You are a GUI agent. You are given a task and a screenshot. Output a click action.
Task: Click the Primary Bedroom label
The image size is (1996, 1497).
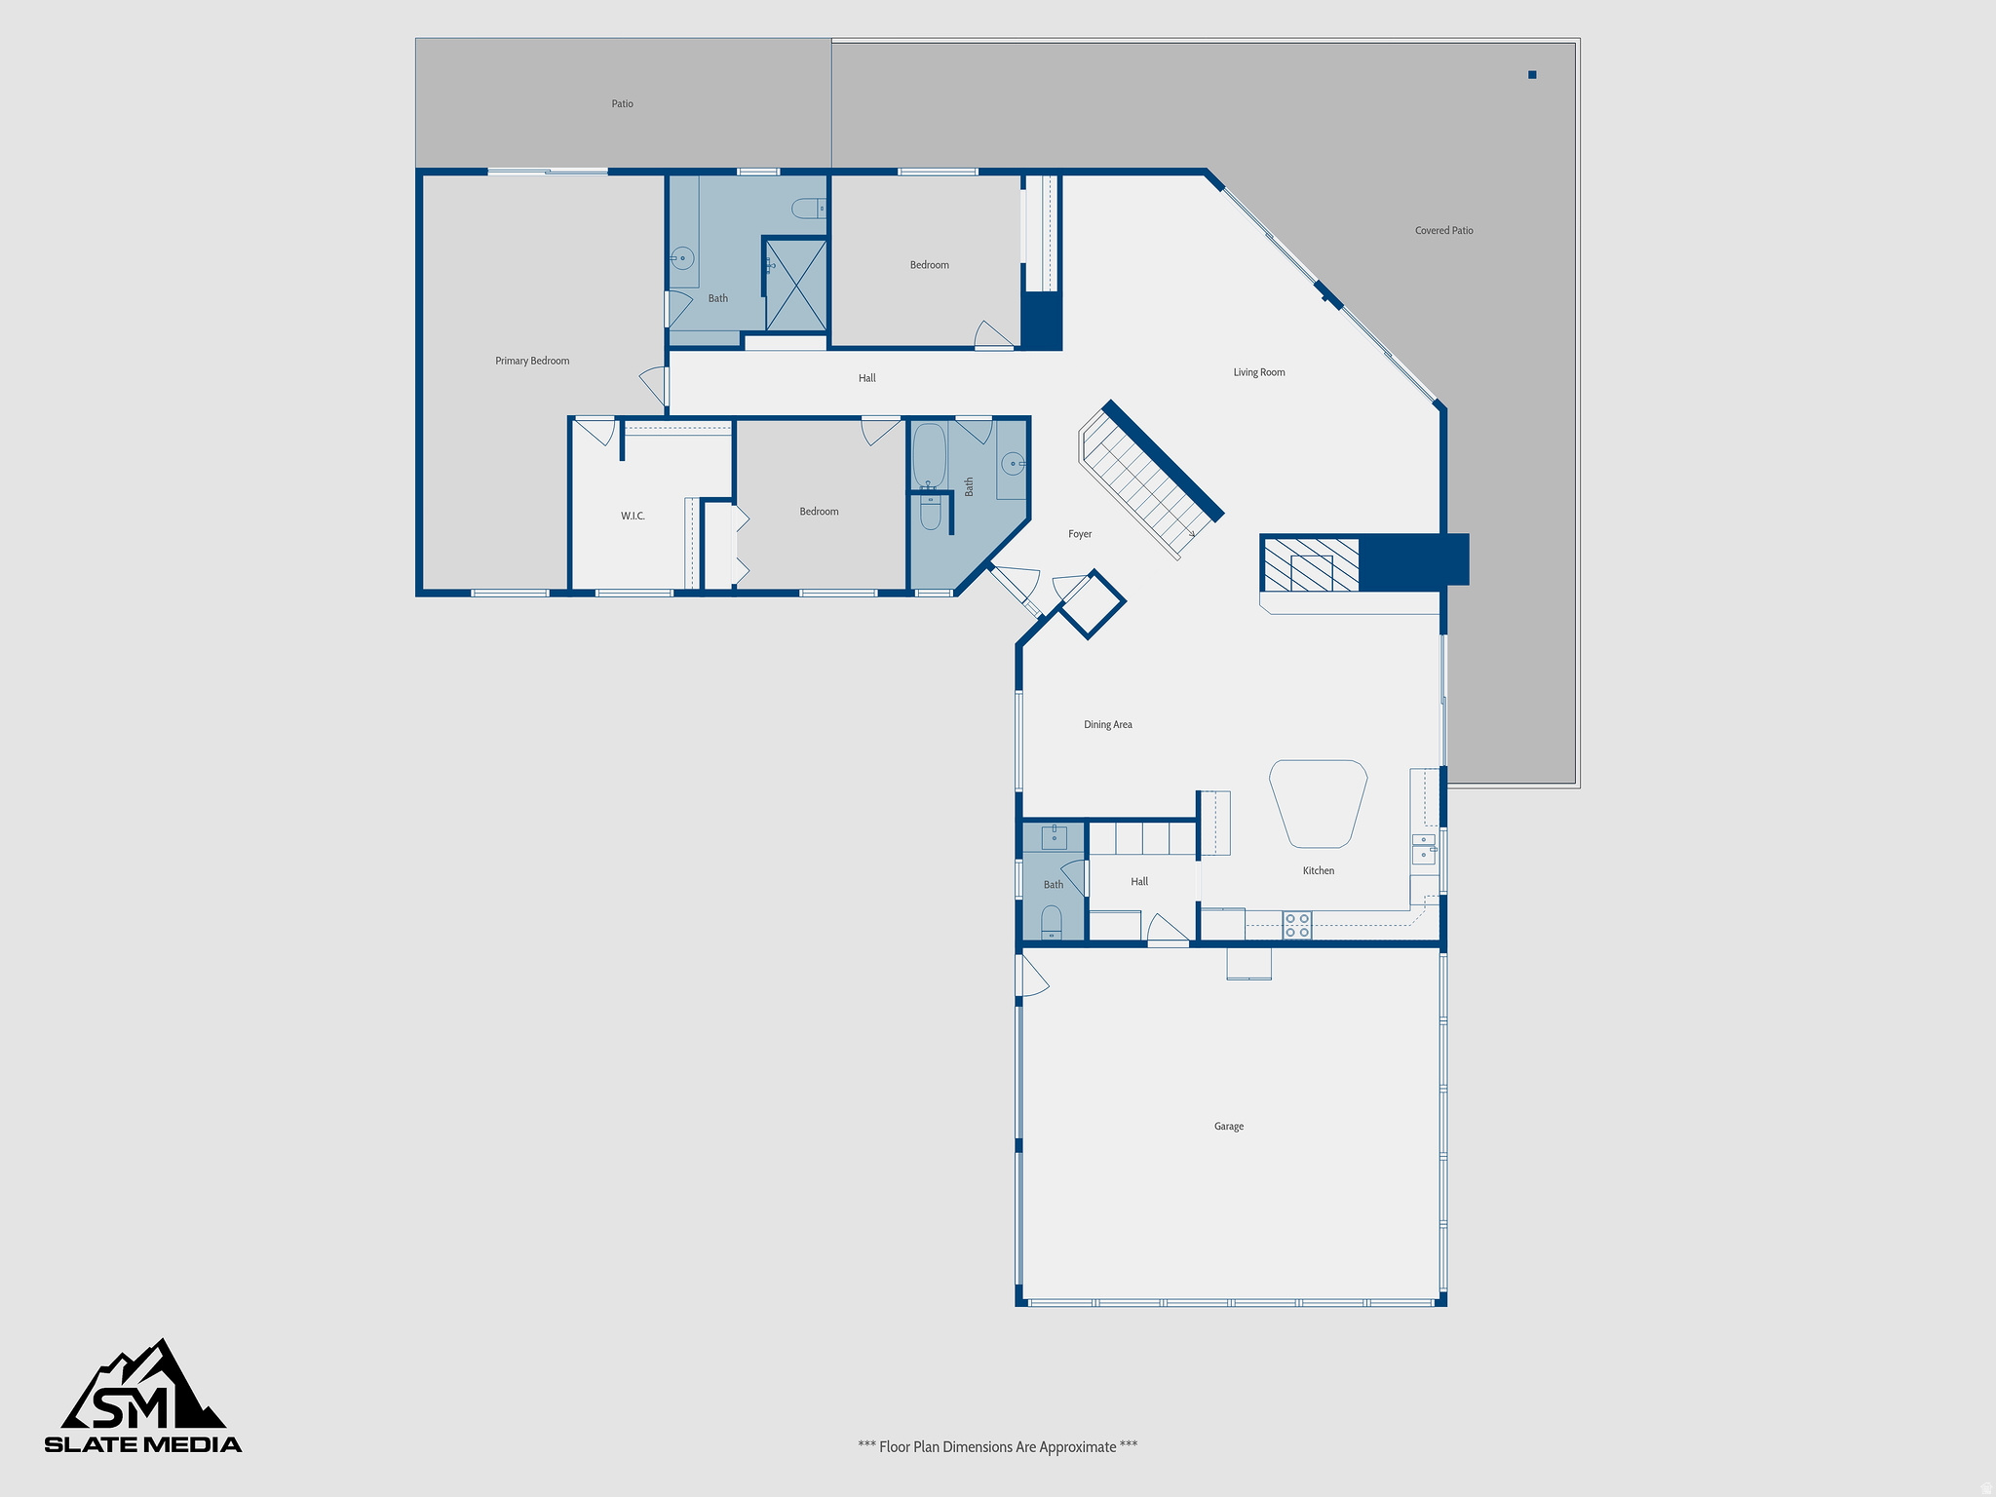click(x=532, y=361)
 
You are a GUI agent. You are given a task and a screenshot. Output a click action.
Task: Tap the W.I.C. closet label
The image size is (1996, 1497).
click(x=633, y=516)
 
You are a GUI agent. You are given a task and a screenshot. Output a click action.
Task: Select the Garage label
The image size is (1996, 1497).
click(x=1229, y=1127)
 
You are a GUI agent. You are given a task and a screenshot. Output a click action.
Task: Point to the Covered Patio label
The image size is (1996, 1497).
click(x=1443, y=231)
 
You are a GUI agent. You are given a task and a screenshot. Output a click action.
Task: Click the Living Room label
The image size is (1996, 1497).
click(x=1259, y=372)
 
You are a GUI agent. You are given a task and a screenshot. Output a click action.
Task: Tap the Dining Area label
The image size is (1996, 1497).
click(x=1108, y=725)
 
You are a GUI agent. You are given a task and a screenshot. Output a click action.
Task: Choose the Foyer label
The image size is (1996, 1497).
click(x=1080, y=534)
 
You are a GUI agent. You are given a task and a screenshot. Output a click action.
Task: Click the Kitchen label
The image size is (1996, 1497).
click(x=1319, y=871)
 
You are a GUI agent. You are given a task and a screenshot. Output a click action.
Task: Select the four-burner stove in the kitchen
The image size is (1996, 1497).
click(x=1296, y=925)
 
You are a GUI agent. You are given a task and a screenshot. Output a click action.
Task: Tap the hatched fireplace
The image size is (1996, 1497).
click(x=1311, y=565)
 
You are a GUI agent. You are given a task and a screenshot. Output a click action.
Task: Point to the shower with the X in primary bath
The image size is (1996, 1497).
click(x=795, y=286)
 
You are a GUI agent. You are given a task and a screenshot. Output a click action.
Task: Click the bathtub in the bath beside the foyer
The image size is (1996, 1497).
click(x=929, y=455)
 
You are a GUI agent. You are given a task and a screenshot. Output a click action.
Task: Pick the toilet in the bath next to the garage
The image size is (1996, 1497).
click(x=1051, y=922)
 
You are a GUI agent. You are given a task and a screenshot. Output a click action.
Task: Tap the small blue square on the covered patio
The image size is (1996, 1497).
click(x=1532, y=75)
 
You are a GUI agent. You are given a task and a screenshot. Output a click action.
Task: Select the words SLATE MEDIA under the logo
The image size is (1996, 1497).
click(x=143, y=1444)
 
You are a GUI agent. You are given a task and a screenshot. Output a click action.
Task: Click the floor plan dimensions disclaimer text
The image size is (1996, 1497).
click(x=997, y=1446)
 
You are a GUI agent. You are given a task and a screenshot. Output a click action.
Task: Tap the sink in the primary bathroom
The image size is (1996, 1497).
click(x=682, y=259)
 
